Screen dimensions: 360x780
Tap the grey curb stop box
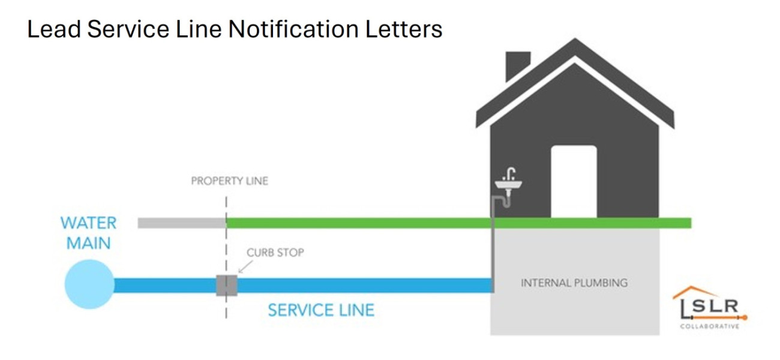point(226,284)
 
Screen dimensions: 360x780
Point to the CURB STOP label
point(275,253)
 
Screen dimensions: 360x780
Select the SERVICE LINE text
point(321,310)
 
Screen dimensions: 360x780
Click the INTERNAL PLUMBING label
point(574,283)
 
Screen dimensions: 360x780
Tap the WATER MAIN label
point(89,233)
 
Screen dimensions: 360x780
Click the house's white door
point(574,181)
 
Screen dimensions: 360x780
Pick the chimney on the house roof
point(518,65)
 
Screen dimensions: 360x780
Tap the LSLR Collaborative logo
point(710,307)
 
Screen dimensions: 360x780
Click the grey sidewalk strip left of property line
point(181,223)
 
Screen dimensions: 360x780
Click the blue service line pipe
point(360,284)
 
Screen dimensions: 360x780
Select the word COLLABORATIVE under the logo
point(709,326)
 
